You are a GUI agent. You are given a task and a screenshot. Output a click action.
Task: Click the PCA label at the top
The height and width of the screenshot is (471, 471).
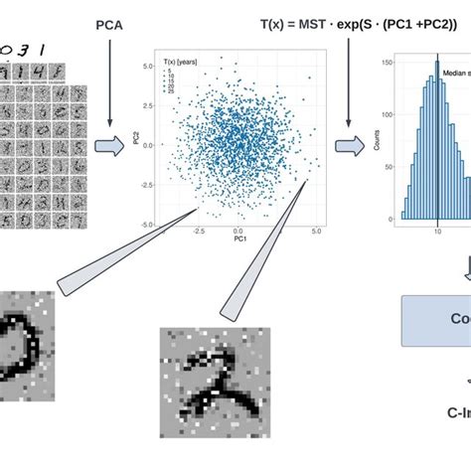(x=110, y=22)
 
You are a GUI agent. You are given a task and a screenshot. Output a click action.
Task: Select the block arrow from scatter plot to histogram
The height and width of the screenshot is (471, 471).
(x=350, y=146)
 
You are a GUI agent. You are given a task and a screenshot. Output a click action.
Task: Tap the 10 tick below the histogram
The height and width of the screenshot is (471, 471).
(x=437, y=230)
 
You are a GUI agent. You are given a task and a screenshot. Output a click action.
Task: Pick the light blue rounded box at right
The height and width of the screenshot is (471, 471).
(x=437, y=320)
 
